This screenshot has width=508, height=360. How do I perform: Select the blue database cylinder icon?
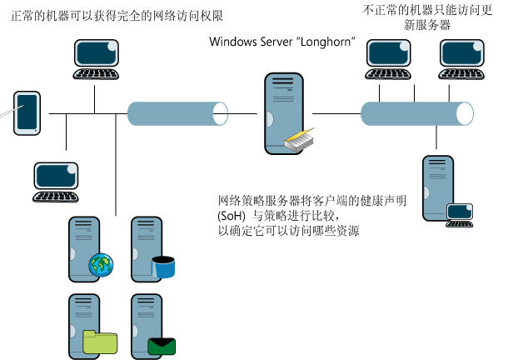[x=163, y=267]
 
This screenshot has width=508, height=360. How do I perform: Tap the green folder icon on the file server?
[x=100, y=339]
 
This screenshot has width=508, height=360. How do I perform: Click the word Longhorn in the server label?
[x=334, y=41]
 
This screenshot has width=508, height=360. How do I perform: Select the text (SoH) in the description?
[x=232, y=216]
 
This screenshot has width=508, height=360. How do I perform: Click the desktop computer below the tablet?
[x=57, y=182]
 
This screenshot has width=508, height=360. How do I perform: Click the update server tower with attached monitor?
[x=437, y=187]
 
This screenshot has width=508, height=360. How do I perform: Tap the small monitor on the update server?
[x=460, y=213]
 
